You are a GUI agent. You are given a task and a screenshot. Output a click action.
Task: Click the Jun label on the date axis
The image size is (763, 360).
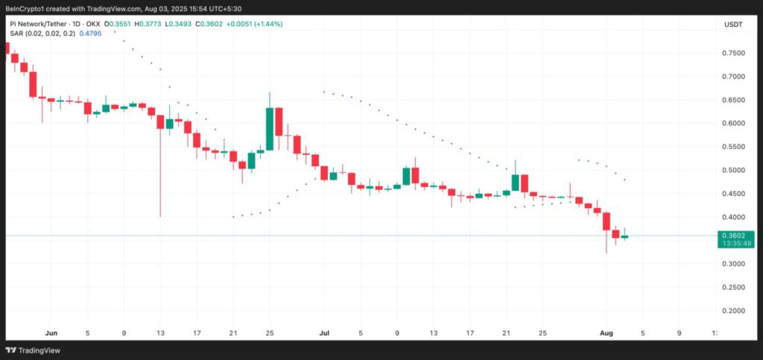[x=51, y=333]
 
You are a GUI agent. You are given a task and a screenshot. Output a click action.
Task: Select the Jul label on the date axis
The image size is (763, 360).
[x=324, y=333]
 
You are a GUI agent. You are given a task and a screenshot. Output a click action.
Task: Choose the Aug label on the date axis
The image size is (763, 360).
[x=606, y=333]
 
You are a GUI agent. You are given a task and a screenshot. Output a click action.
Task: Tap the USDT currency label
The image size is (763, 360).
[x=732, y=24]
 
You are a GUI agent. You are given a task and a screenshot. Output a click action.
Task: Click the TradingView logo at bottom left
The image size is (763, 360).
[x=34, y=350]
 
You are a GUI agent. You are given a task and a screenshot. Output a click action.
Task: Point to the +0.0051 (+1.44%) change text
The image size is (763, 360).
[x=256, y=24]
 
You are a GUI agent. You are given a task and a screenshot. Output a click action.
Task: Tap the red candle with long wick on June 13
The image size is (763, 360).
[x=160, y=122]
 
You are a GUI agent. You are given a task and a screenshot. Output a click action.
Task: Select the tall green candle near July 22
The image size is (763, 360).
[x=515, y=183]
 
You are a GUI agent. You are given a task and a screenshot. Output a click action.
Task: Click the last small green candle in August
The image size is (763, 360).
[x=624, y=236]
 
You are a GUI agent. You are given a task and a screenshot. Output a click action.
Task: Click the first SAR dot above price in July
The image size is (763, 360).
[x=324, y=92]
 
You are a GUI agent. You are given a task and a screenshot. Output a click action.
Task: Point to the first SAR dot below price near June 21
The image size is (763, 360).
[x=233, y=217]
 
